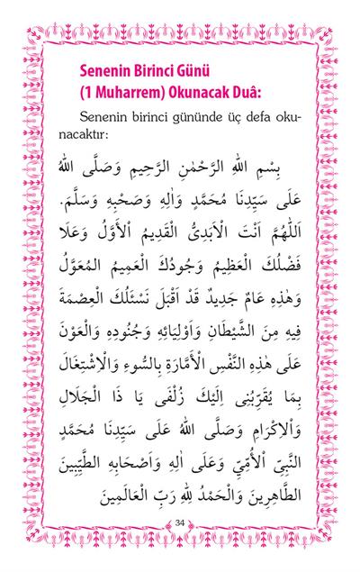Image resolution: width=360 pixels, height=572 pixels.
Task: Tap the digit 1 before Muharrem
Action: point(89,92)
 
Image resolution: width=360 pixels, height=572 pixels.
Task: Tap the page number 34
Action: point(180,523)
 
